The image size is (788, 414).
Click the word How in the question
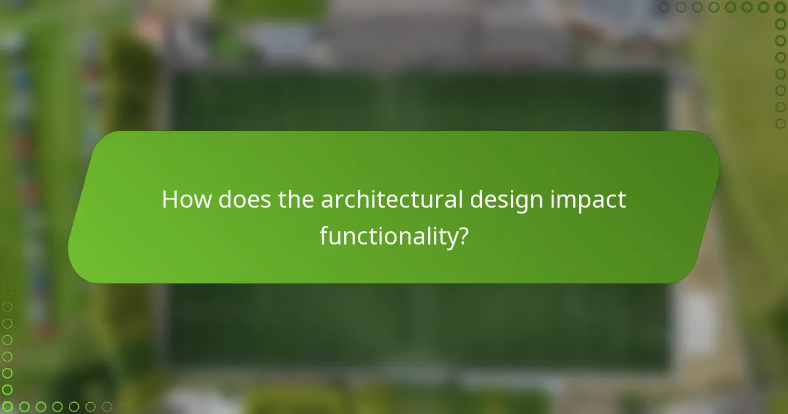pyautogui.click(x=186, y=200)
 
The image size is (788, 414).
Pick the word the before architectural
pyautogui.click(x=296, y=200)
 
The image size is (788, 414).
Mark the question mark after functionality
pyautogui.click(x=463, y=237)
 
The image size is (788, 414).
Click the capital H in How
pyautogui.click(x=169, y=200)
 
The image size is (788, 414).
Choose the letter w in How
pyautogui.click(x=202, y=201)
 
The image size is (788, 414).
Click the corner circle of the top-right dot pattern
pyautogui.click(x=780, y=7)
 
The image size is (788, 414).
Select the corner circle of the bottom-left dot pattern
pyautogui.click(x=7, y=407)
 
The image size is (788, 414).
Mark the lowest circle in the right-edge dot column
pyautogui.click(x=780, y=123)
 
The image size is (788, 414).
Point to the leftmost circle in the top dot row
pyautogui.click(x=665, y=7)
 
